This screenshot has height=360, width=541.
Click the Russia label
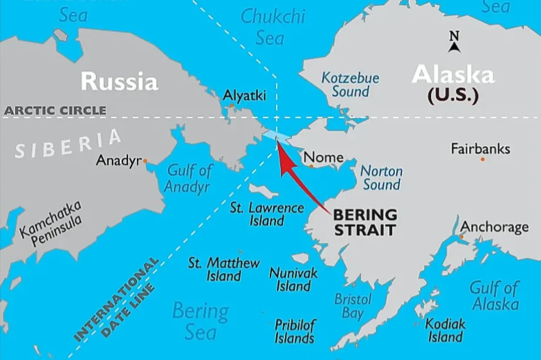click(119, 81)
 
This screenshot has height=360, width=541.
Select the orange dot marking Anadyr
click(145, 161)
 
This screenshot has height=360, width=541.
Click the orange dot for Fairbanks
click(482, 159)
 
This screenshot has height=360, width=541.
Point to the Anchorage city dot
click(461, 237)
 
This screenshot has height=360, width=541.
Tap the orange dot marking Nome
click(311, 166)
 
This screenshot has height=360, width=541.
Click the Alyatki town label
click(244, 96)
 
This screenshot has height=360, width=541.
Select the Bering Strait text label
click(365, 222)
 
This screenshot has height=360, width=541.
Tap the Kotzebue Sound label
click(350, 85)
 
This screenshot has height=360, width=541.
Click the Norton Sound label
click(382, 178)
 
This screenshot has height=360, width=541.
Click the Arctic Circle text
click(55, 110)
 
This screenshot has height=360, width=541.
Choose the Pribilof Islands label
click(295, 331)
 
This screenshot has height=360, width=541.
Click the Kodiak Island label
click(445, 330)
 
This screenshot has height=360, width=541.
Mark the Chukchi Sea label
click(273, 27)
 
